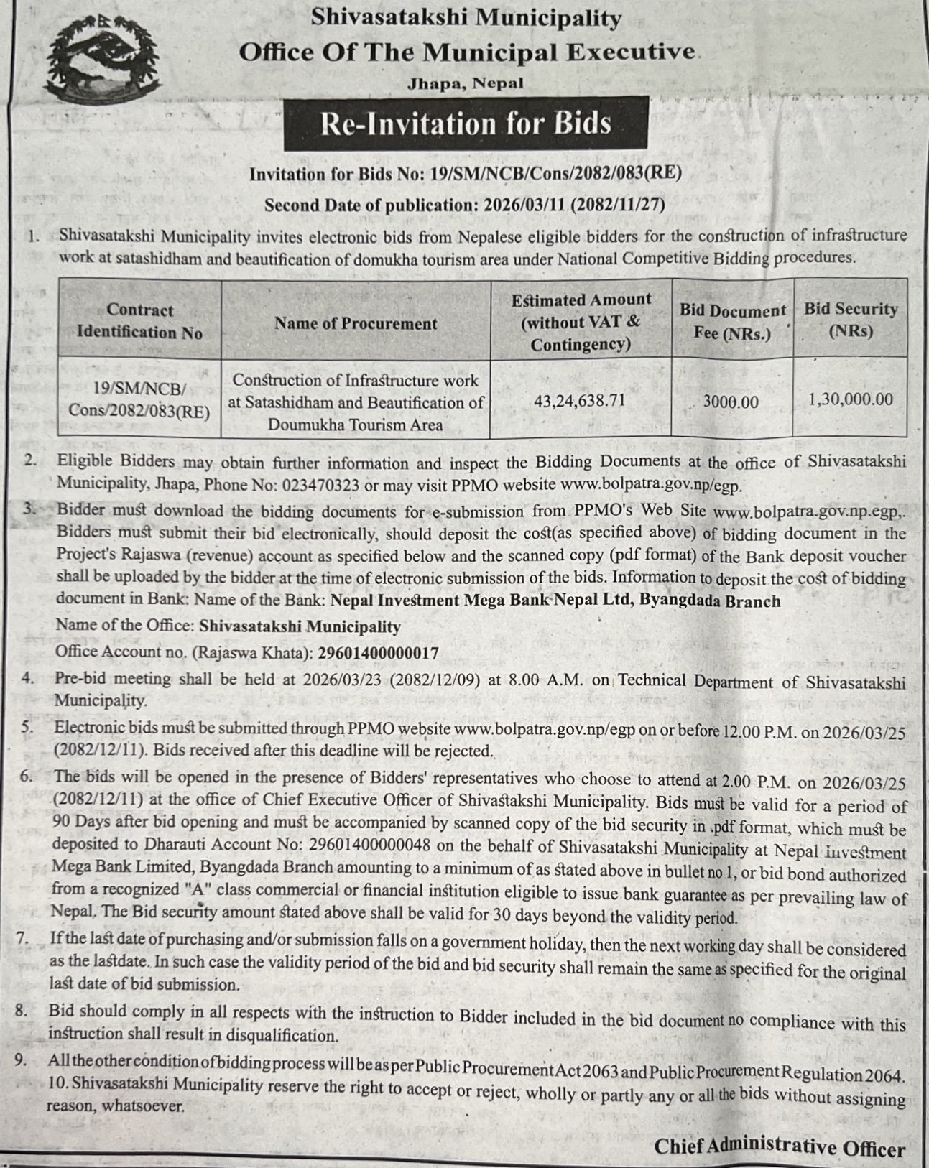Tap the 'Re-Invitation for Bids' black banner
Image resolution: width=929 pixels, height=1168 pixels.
point(466,124)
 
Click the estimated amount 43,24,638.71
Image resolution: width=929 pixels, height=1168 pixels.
point(580,400)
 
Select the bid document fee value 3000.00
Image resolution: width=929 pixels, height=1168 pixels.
point(730,402)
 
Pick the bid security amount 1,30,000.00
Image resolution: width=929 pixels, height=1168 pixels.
point(851,399)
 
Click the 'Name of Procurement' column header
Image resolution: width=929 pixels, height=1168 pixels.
point(356,323)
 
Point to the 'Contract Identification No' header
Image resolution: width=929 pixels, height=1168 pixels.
point(139,321)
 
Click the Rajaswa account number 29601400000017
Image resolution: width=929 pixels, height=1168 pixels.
point(378,652)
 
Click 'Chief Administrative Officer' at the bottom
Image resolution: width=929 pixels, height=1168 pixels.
point(780,1148)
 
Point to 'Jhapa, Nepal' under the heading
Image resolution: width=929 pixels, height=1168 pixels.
point(466,83)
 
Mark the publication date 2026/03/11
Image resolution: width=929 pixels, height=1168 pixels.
point(524,205)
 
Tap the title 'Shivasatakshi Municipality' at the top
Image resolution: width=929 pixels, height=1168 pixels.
point(466,18)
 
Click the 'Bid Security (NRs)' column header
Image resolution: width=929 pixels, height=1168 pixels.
point(851,320)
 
